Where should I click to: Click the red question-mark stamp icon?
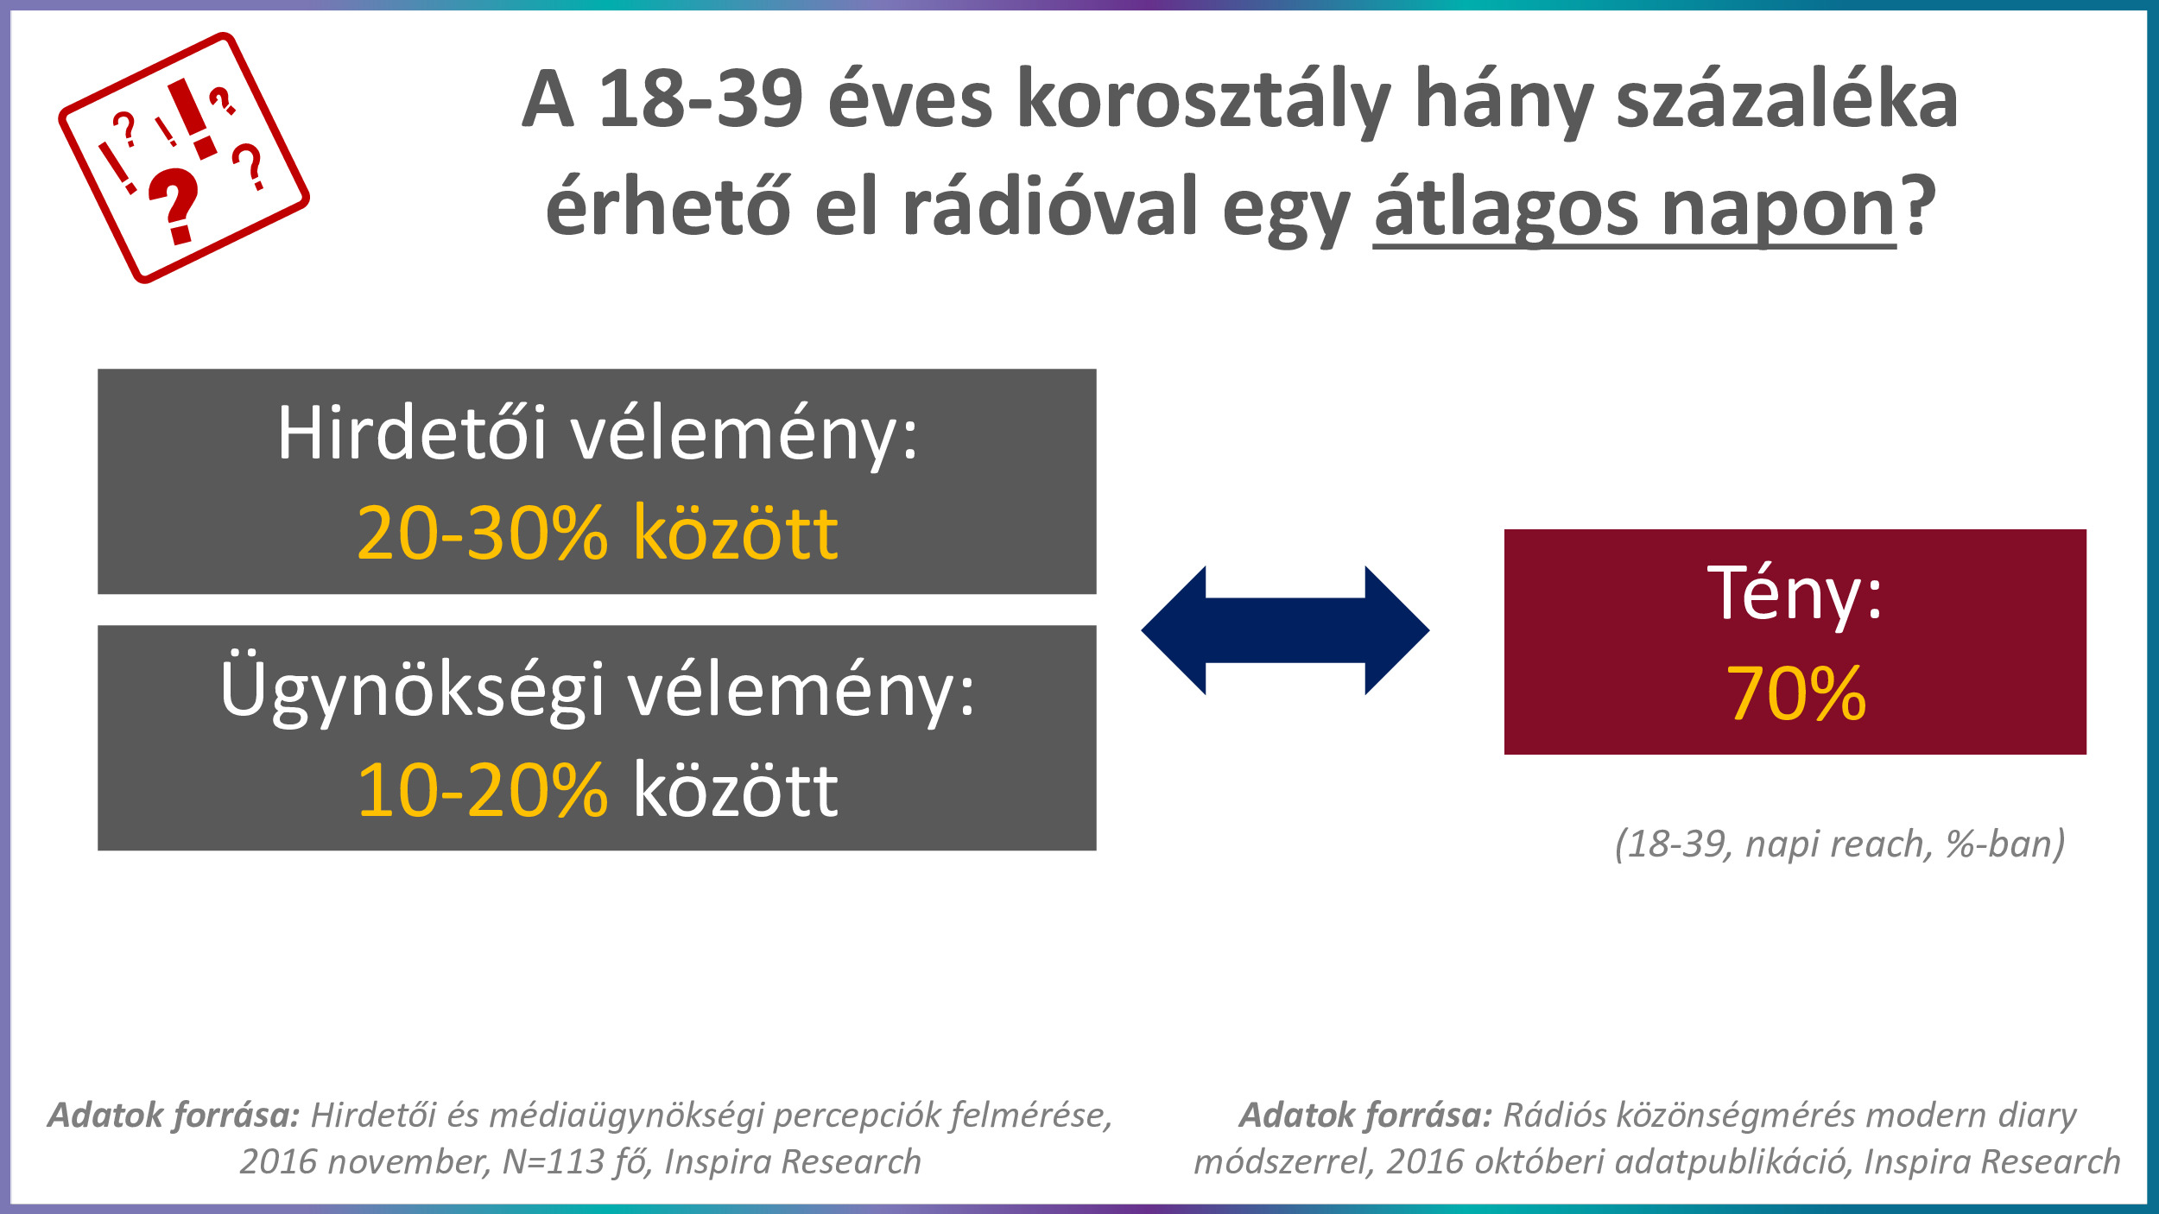184,158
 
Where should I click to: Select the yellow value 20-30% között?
598,532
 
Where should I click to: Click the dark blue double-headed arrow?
1285,630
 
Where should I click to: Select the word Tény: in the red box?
1795,593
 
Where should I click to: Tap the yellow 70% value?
1796,692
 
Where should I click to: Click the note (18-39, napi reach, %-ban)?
1840,844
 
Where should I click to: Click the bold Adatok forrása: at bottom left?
174,1115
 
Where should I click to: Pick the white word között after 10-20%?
736,789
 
